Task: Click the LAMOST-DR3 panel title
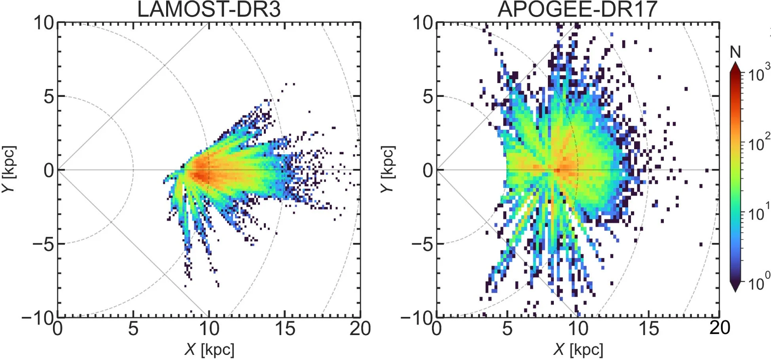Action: click(x=208, y=9)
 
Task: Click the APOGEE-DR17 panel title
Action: click(x=577, y=9)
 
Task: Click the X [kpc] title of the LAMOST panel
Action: click(x=209, y=349)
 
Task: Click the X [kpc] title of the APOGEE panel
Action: click(x=578, y=349)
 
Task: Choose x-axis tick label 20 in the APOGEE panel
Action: click(x=719, y=328)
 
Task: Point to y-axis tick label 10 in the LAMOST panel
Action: click(x=44, y=23)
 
